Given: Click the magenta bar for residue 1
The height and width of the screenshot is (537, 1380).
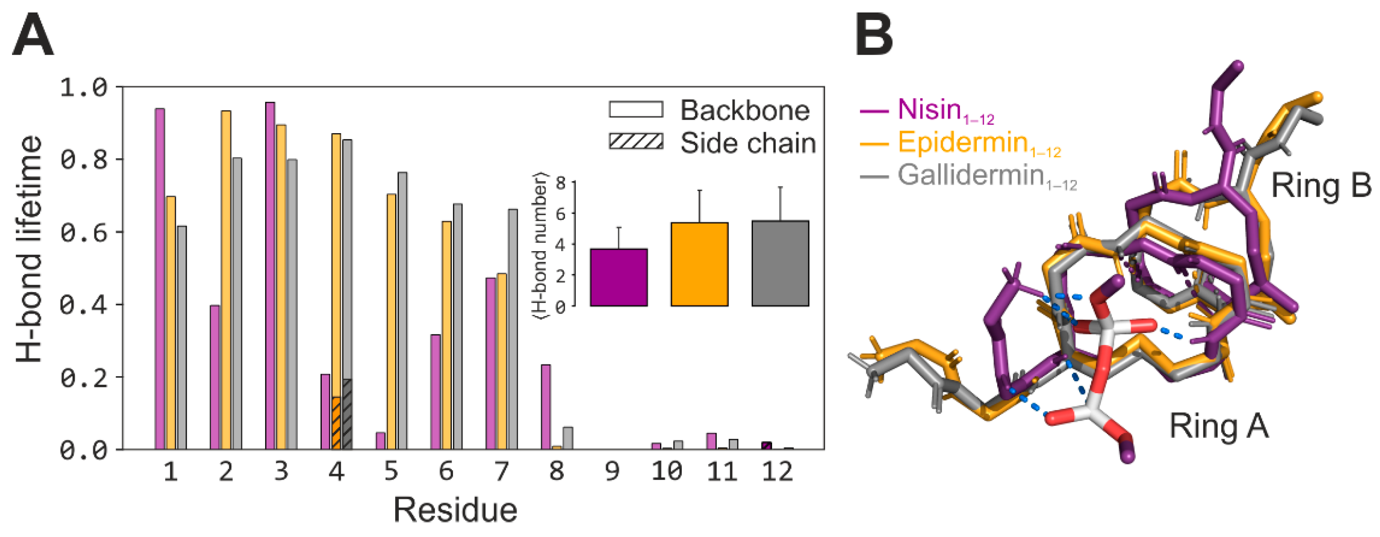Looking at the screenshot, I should point(160,279).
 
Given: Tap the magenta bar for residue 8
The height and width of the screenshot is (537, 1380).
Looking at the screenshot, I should point(546,407).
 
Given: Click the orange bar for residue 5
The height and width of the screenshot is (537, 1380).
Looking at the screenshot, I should point(392,321).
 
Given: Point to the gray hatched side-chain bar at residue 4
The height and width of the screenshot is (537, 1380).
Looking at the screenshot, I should point(347,414).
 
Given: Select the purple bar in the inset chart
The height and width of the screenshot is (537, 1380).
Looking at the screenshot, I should point(619,277).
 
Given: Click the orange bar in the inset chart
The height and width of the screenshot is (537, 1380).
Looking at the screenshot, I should point(699,265).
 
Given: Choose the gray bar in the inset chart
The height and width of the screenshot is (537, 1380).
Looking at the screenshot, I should point(780,264).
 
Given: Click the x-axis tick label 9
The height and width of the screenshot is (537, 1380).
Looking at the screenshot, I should point(612,472).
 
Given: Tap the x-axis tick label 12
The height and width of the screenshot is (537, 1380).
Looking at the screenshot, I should point(777,472).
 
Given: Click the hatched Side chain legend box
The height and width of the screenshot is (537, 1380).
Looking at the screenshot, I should point(636,142).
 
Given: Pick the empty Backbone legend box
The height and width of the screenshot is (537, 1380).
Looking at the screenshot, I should point(636,110).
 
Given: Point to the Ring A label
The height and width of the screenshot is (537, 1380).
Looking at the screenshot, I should point(1219,426).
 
